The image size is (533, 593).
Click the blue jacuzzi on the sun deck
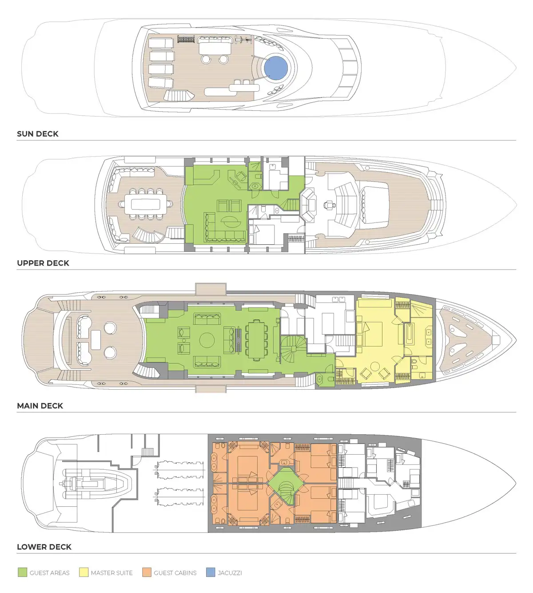coord(276,68)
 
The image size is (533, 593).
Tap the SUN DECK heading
coord(38,134)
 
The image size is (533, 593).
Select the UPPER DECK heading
coord(43,263)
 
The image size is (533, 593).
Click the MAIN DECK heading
coord(40,406)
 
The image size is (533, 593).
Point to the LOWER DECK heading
coord(44,547)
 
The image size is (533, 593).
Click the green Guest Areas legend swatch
coord(23,573)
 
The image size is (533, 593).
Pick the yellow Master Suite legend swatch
coord(84,573)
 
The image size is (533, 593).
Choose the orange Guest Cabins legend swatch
coord(147,573)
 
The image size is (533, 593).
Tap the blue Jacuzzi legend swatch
coord(211,573)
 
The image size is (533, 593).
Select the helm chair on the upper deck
coord(330,205)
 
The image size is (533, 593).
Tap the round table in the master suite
coord(375,367)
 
